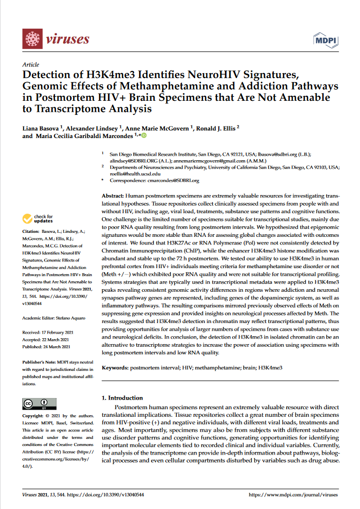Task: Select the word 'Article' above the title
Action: (31, 65)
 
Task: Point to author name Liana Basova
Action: (42, 128)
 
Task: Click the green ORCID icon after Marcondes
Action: (144, 135)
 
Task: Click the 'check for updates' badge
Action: (37, 219)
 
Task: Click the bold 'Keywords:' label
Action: (115, 368)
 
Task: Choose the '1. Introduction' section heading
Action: (123, 398)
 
